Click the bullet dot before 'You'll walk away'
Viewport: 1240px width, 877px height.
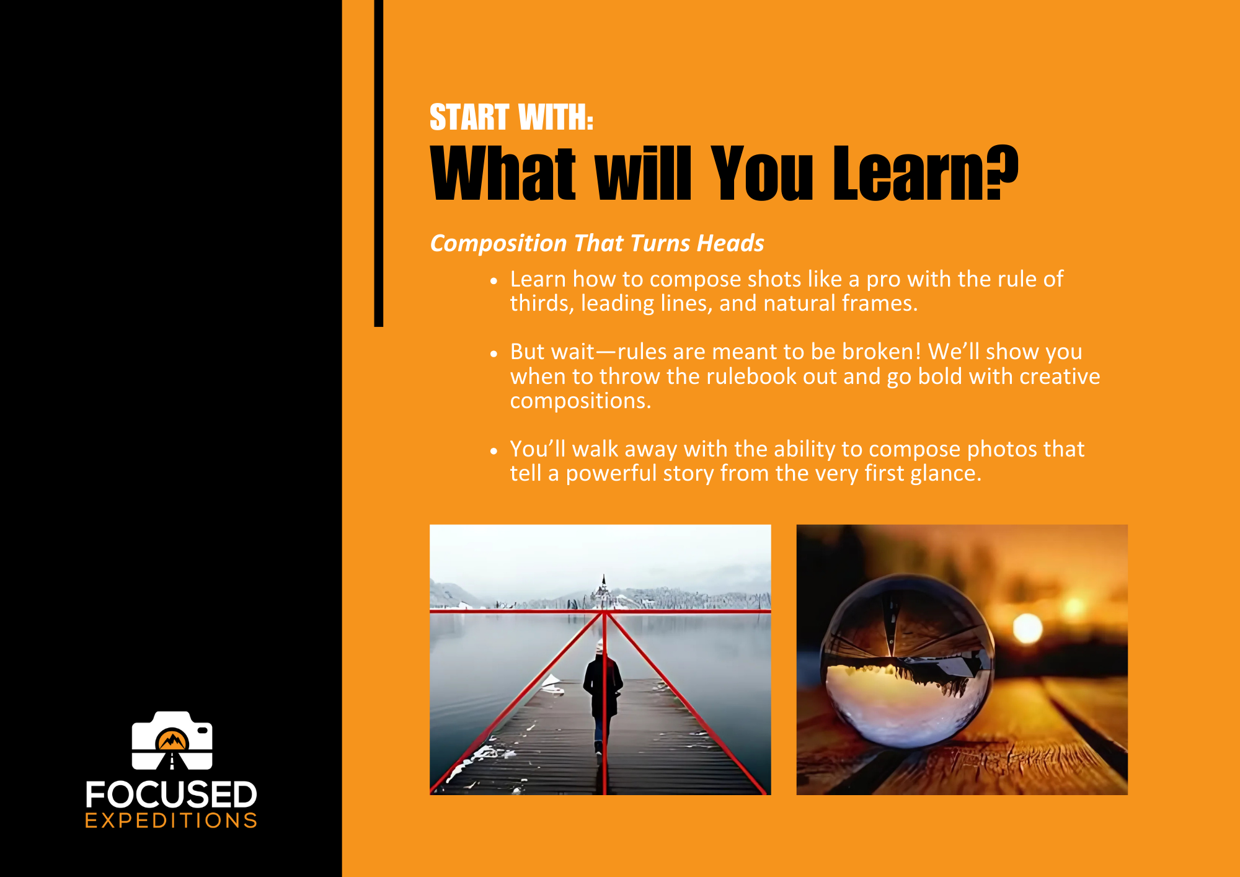click(x=494, y=451)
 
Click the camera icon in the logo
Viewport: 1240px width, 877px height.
click(x=172, y=741)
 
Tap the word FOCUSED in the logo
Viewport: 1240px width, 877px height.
click(x=171, y=795)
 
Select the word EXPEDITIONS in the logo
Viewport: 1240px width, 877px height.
click(x=171, y=821)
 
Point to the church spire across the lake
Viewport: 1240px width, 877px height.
click(x=603, y=586)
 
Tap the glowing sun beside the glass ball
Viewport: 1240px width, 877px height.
click(x=1027, y=628)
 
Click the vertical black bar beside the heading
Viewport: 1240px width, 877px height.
click(x=379, y=163)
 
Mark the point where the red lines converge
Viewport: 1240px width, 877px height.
click(x=604, y=612)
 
